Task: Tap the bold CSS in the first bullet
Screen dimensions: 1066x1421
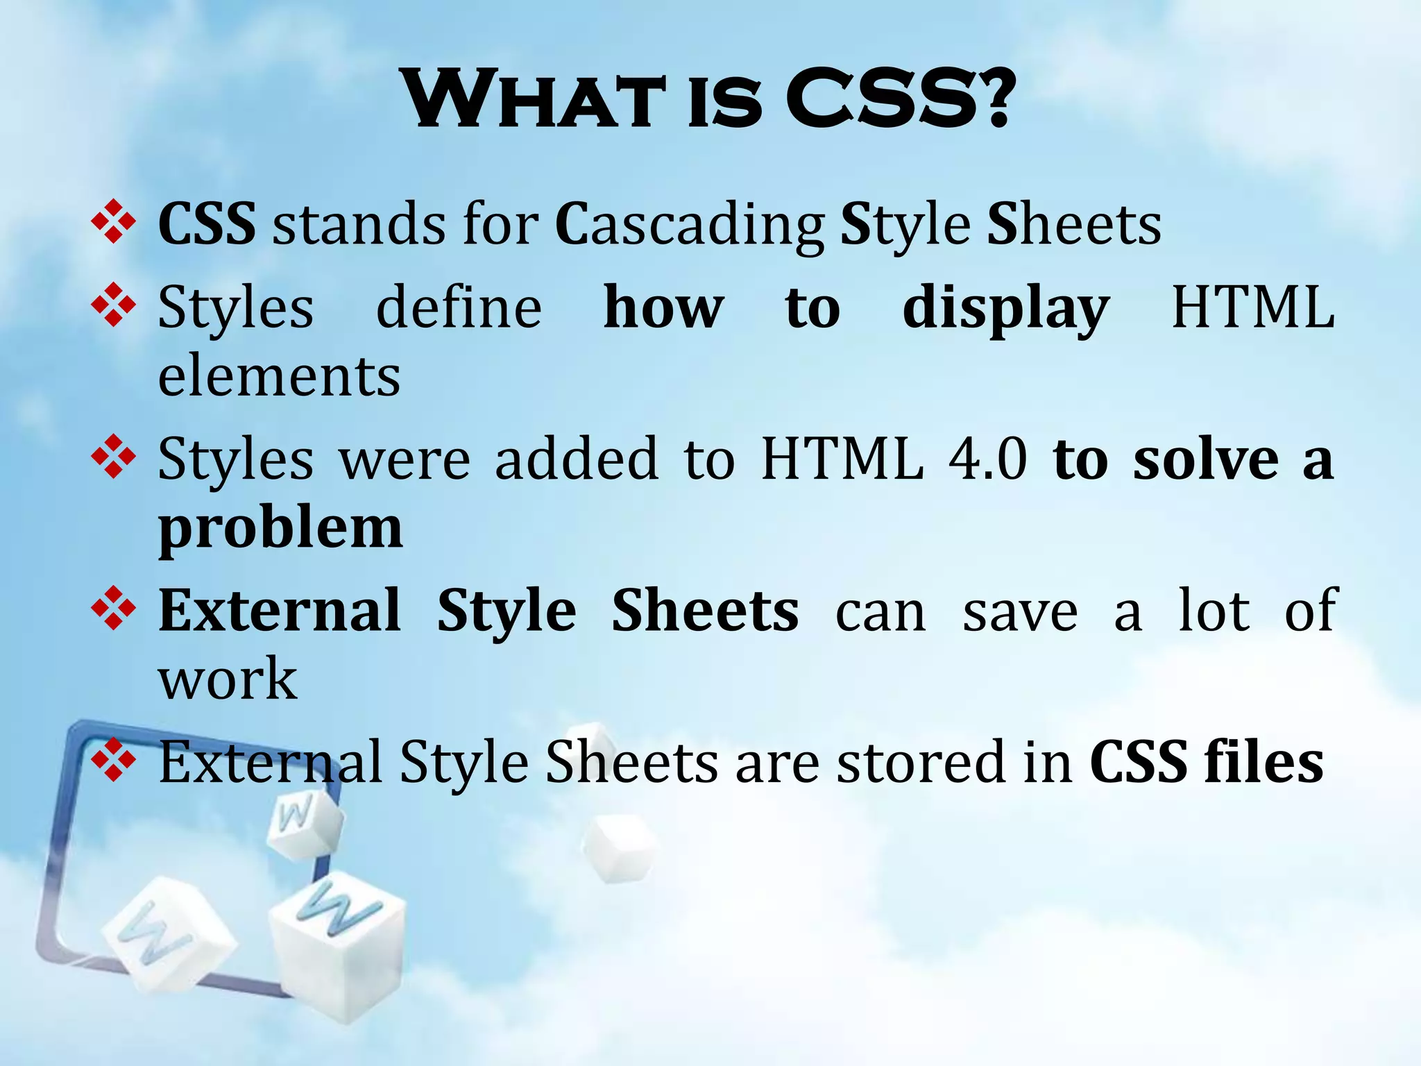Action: click(207, 224)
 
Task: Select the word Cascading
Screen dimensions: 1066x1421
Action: click(690, 226)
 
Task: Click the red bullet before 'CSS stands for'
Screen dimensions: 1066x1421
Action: click(113, 222)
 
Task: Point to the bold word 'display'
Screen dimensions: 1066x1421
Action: click(1005, 309)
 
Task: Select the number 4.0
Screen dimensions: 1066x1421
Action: click(987, 459)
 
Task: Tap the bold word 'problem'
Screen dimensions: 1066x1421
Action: click(280, 529)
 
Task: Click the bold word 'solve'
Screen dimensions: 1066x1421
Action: click(1206, 459)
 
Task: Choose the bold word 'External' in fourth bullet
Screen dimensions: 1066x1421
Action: click(280, 611)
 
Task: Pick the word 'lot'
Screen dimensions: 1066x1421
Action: click(1214, 611)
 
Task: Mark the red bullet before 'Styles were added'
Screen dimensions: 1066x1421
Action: click(113, 457)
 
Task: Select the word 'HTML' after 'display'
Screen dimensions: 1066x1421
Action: click(1253, 307)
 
